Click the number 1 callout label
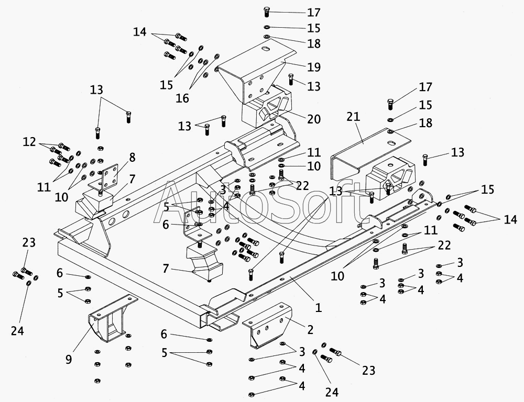click(x=319, y=307)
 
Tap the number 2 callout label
click(x=310, y=330)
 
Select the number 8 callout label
click(x=133, y=158)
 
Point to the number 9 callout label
click(x=69, y=360)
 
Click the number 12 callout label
click(x=29, y=142)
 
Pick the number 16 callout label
click(x=182, y=98)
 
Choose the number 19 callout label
click(x=314, y=67)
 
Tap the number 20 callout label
click(x=314, y=119)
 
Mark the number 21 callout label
click(x=353, y=117)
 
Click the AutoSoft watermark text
click(x=258, y=203)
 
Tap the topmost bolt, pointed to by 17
click(x=266, y=12)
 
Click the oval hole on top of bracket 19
click(x=266, y=49)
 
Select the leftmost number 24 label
click(x=17, y=331)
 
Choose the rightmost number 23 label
click(x=368, y=370)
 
